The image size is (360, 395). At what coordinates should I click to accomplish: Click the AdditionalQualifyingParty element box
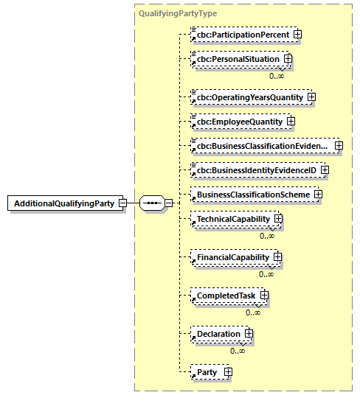[65, 203]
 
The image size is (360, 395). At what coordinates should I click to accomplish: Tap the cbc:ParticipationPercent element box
[240, 34]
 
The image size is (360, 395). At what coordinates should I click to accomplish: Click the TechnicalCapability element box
[231, 219]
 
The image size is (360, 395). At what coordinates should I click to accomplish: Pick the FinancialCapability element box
[231, 257]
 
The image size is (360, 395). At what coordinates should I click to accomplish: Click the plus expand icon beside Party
[228, 372]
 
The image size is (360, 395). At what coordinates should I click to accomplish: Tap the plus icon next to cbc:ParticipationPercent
[297, 34]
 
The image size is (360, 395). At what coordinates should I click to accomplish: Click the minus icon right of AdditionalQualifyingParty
[122, 203]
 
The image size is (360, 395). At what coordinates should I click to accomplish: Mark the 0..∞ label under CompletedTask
[253, 312]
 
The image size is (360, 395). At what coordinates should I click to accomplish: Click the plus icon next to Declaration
[249, 334]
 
